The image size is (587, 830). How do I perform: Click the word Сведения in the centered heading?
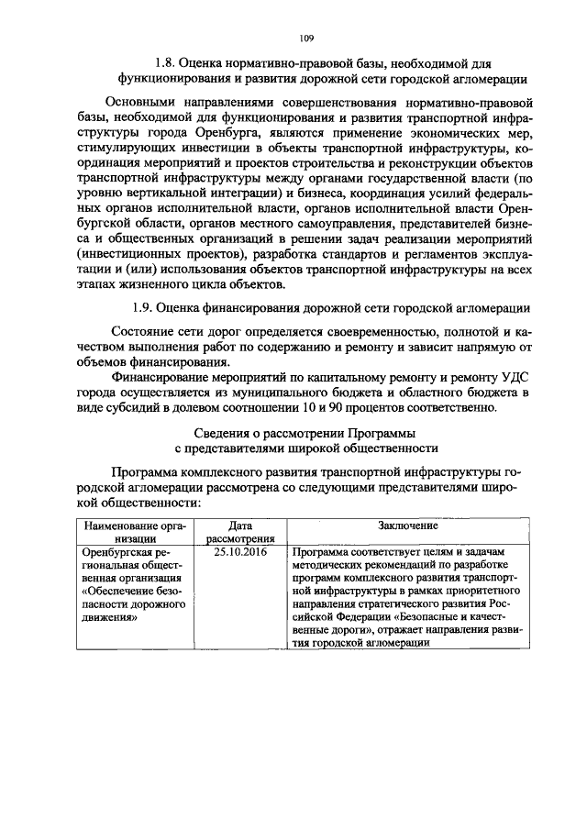(x=227, y=433)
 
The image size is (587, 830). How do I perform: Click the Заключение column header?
(x=406, y=526)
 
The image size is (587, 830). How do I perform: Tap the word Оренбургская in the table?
(x=117, y=553)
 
